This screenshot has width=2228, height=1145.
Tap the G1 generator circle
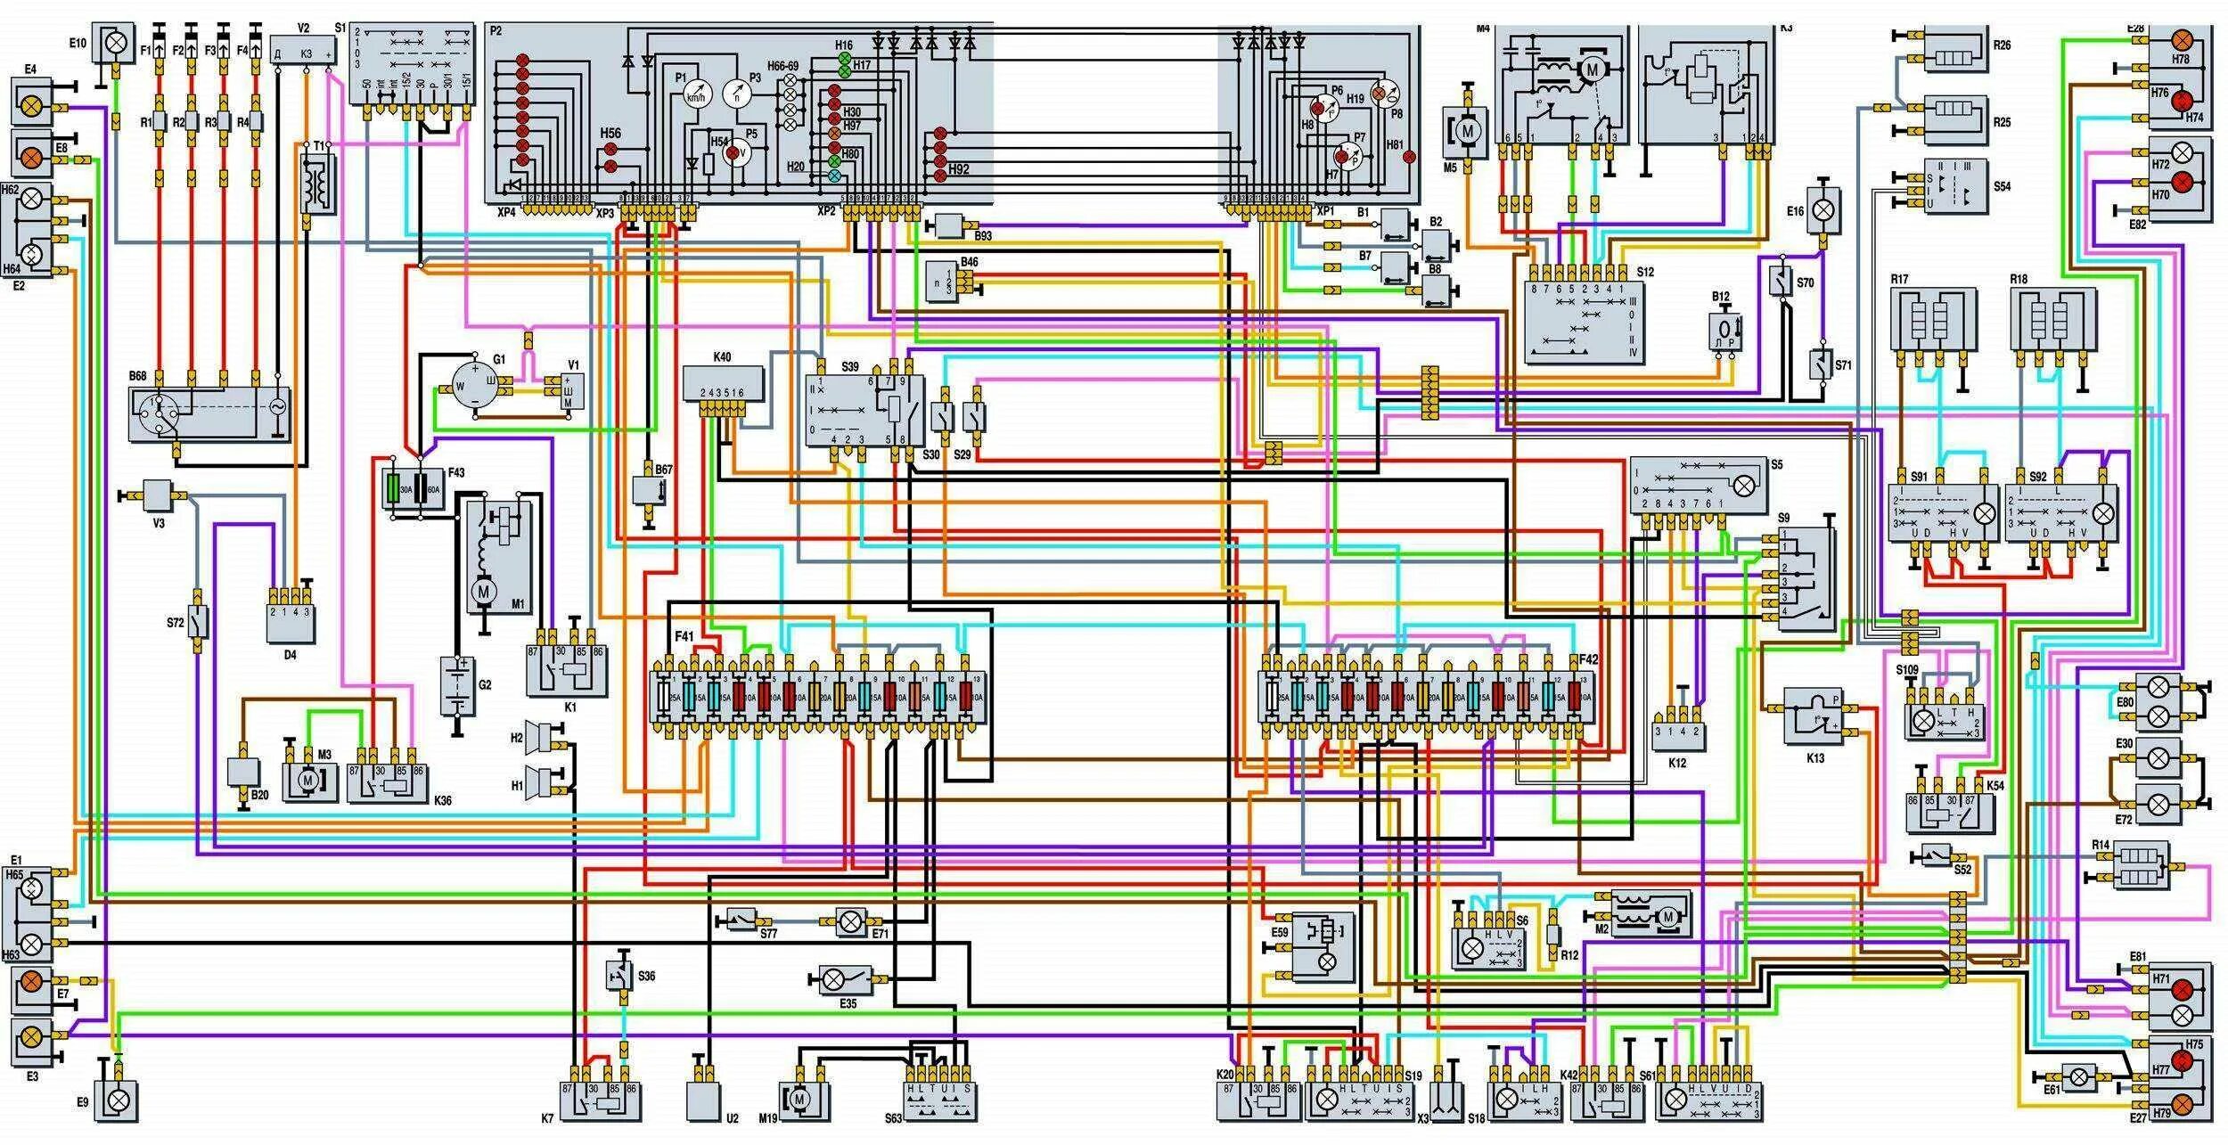pos(475,386)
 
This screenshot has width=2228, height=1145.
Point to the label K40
pos(722,357)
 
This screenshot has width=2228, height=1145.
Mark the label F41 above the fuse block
pos(684,636)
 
